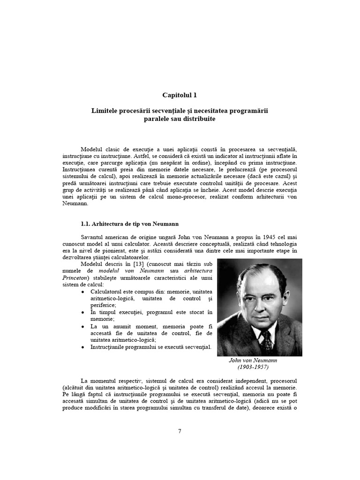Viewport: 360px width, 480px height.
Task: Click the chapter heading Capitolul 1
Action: click(180, 95)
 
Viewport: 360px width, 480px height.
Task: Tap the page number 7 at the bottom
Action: click(180, 431)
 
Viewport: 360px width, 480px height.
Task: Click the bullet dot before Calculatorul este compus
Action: click(83, 291)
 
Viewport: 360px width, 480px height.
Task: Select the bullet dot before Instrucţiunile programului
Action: click(83, 347)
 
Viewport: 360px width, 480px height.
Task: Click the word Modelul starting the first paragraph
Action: click(91, 149)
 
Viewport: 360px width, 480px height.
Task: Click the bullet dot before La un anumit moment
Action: click(83, 326)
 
